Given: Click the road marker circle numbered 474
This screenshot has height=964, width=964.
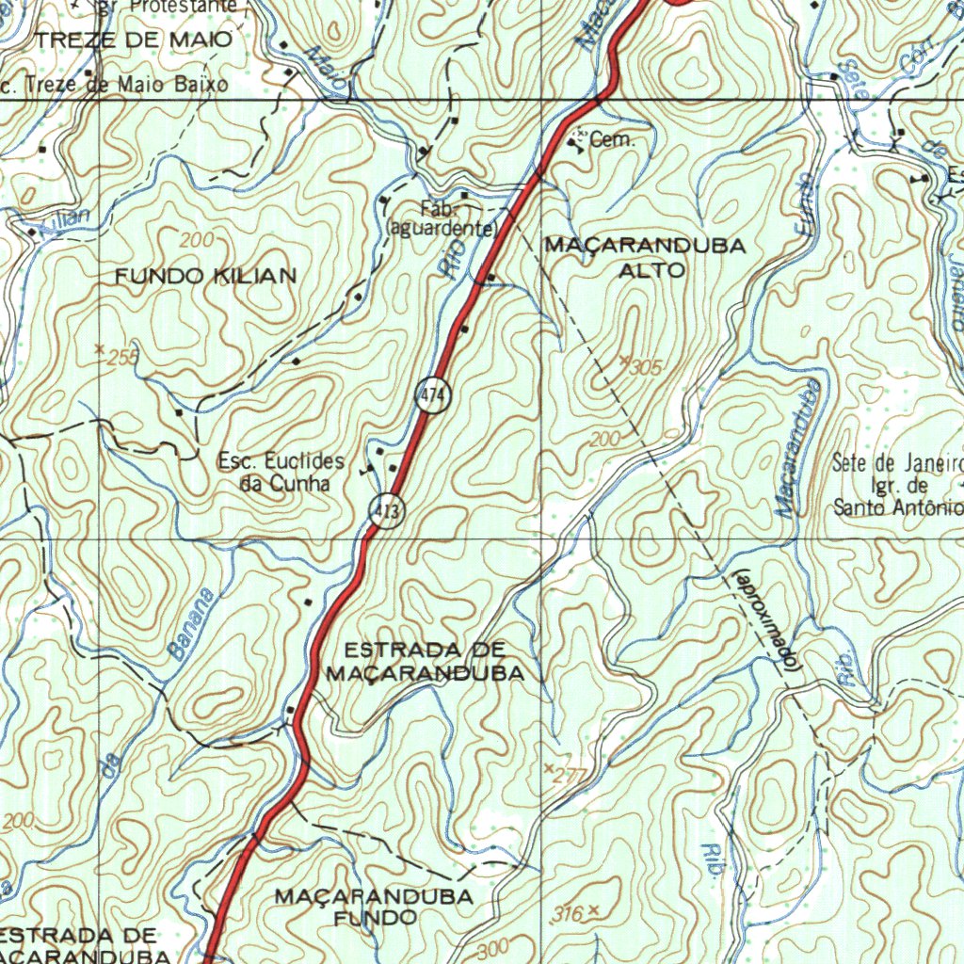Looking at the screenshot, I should click(431, 397).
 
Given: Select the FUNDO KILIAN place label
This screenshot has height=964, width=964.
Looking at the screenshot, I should click(205, 276).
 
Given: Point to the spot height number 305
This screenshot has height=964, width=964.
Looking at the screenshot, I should click(645, 367).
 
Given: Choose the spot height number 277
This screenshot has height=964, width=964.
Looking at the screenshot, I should click(570, 777).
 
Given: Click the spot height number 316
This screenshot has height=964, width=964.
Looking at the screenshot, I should click(569, 913).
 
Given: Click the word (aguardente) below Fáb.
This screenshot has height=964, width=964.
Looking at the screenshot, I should click(442, 229).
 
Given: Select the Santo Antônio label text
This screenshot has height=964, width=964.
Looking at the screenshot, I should click(897, 508).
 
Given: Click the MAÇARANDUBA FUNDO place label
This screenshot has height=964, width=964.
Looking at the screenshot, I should click(374, 906).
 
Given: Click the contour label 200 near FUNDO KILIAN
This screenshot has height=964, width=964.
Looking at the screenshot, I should click(198, 240).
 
